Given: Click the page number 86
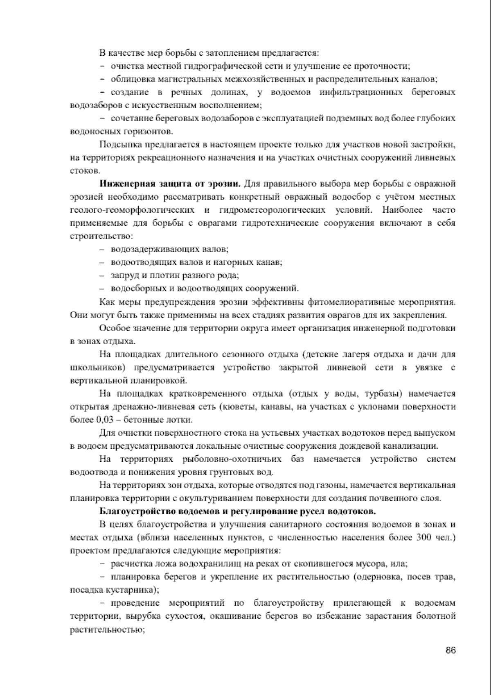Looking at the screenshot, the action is pos(450,650).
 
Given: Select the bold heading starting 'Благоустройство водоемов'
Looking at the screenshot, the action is pos(238,512).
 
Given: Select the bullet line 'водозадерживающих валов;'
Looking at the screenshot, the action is pos(169,250).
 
